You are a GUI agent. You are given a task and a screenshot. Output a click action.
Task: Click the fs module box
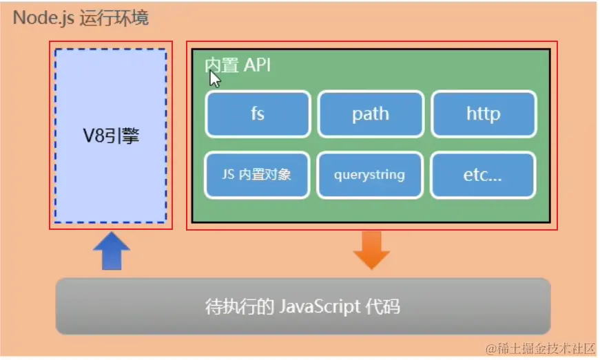point(258,114)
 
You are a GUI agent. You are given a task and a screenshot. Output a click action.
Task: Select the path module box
point(371,114)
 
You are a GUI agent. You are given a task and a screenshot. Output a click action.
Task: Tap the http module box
point(484,114)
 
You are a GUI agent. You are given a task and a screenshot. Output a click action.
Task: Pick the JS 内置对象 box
point(258,175)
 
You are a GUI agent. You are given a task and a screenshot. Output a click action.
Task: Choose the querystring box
point(371,175)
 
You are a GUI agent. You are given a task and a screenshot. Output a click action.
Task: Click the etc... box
point(484,175)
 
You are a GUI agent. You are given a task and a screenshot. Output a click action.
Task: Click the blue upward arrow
point(111,251)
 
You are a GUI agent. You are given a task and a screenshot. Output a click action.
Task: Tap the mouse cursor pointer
point(214,78)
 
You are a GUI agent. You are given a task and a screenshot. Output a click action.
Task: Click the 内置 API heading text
point(238,65)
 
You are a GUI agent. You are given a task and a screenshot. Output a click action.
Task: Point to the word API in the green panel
point(258,65)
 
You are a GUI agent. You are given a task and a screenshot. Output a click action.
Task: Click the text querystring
point(371,175)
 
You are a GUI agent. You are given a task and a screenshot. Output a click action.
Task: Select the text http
point(484,114)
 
